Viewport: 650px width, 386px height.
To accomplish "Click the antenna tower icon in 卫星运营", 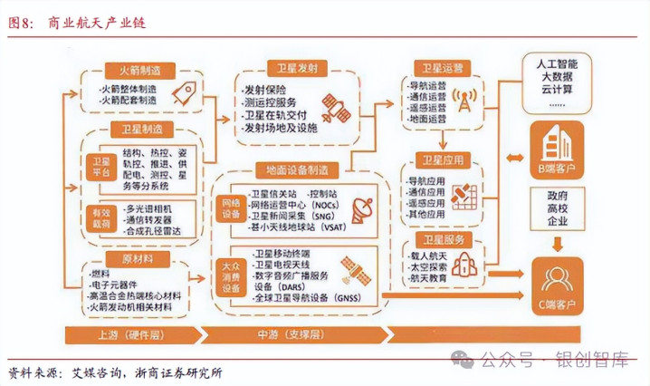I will [464, 100].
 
